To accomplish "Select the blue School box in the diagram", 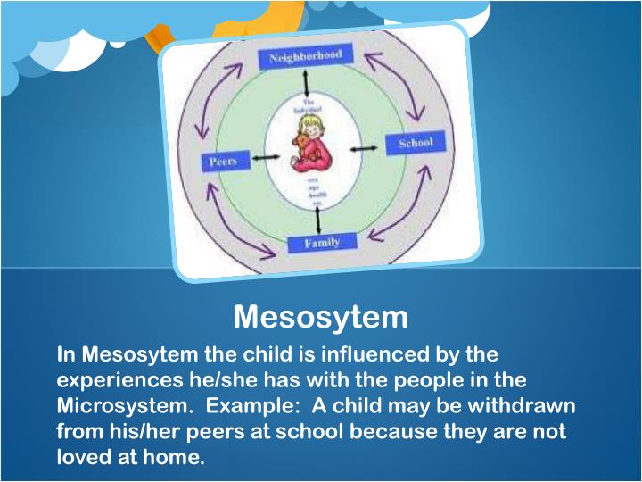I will [x=409, y=143].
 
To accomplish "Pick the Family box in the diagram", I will [x=323, y=243].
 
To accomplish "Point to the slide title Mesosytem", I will [x=321, y=316].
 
